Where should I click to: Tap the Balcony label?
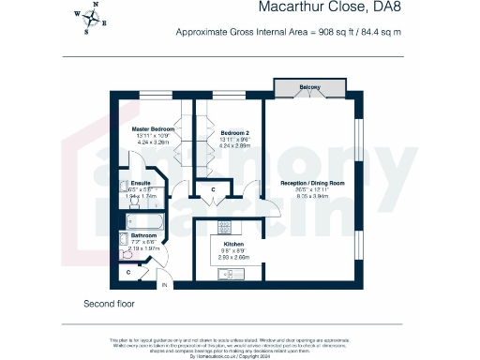pyautogui.click(x=309, y=87)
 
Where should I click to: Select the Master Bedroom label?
pyautogui.click(x=150, y=127)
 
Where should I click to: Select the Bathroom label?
pyautogui.click(x=143, y=235)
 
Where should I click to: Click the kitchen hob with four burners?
pyautogui.click(x=224, y=228)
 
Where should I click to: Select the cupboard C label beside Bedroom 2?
pyautogui.click(x=214, y=191)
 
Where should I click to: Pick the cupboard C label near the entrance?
pyautogui.click(x=128, y=272)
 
